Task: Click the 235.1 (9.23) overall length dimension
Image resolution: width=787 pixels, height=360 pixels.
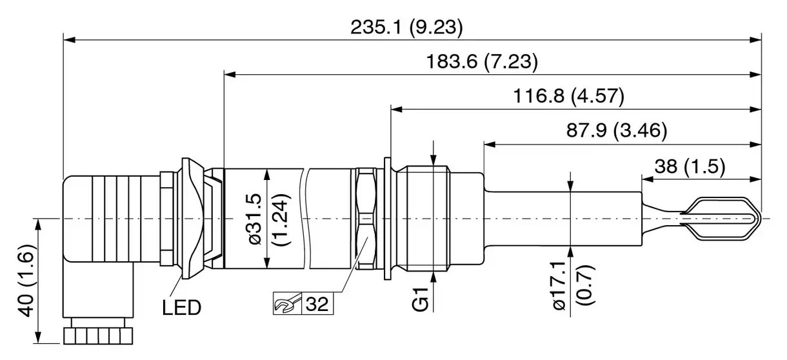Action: [406, 27]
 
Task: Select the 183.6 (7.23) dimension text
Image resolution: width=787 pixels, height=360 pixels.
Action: [482, 62]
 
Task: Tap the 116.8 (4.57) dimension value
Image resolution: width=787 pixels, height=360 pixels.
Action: [568, 97]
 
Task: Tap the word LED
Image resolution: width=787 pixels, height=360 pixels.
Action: [181, 308]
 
